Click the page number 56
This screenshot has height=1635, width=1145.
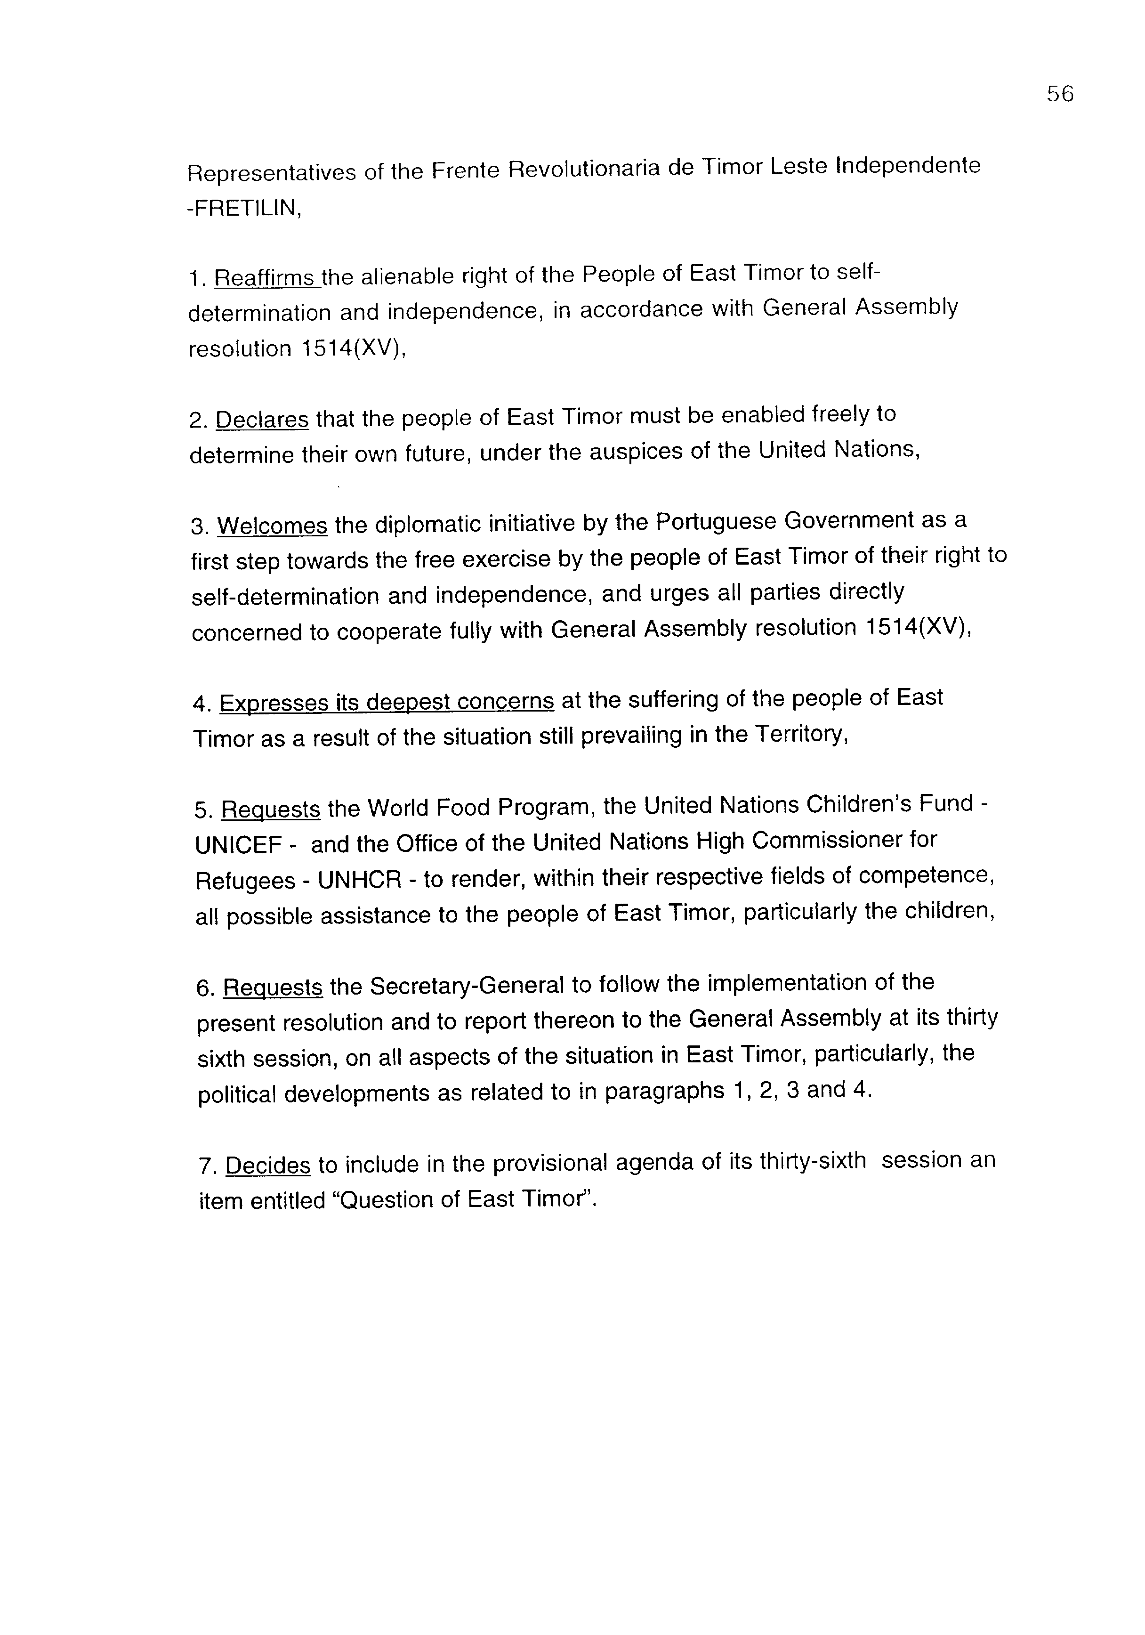1060,94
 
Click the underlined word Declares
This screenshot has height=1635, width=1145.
262,420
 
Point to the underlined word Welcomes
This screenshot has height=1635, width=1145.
272,526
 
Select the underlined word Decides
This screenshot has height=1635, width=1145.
268,1166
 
